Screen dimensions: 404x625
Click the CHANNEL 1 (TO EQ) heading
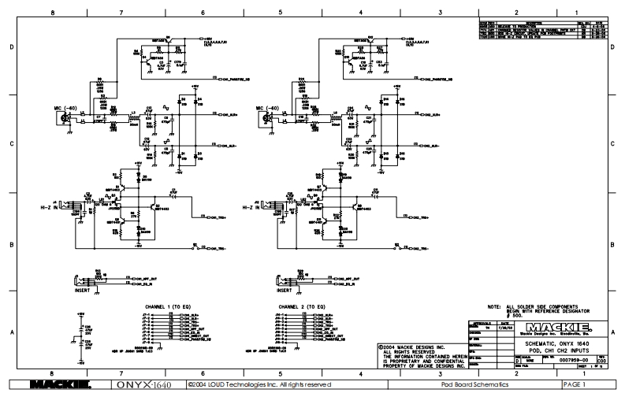coord(166,306)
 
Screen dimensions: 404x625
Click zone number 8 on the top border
coord(53,12)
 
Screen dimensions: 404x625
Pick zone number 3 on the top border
coord(438,12)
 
